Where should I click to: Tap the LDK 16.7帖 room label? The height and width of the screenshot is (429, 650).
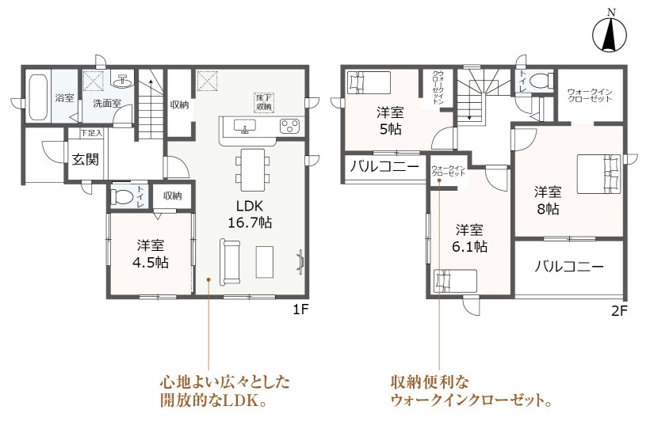250,214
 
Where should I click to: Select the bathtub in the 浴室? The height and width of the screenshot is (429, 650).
38,97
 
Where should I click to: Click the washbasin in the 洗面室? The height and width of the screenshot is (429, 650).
122,82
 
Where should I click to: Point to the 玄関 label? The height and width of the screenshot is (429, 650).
85,159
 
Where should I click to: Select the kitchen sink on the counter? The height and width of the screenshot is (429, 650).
245,126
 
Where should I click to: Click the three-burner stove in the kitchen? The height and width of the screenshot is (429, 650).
289,126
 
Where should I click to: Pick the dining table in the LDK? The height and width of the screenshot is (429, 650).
252,169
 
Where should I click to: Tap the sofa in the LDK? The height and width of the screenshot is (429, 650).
230,262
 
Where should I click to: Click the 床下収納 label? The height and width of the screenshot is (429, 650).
264,102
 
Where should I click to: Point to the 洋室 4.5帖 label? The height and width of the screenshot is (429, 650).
150,254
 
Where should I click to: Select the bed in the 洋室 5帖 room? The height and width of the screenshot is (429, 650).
369,82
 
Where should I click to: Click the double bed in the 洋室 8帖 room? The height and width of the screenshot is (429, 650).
598,174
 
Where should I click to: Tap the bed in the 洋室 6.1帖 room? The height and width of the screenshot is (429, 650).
455,282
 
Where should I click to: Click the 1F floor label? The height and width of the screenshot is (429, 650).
300,309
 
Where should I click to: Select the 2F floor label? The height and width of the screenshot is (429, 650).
619,310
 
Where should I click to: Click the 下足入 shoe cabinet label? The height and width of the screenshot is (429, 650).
91,133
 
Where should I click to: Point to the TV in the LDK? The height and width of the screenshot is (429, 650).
301,262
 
